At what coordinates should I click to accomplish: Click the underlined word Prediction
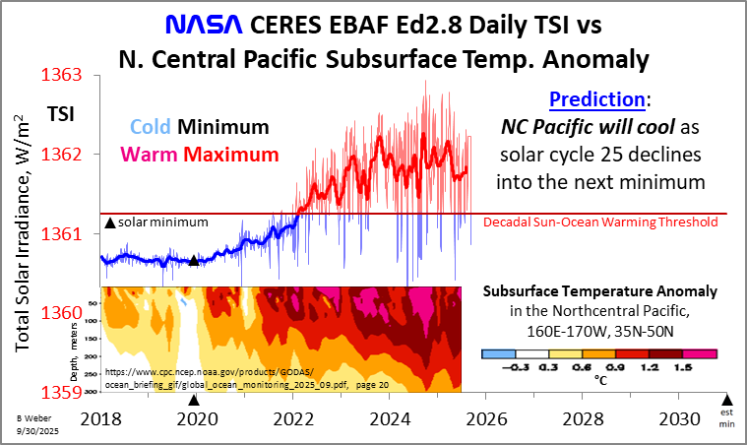pos(596,100)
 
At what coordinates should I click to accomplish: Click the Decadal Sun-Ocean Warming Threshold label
pos(600,222)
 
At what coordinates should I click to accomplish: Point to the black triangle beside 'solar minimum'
pos(109,223)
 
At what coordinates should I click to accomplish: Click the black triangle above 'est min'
pos(728,399)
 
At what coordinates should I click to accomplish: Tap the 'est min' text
pos(728,420)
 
